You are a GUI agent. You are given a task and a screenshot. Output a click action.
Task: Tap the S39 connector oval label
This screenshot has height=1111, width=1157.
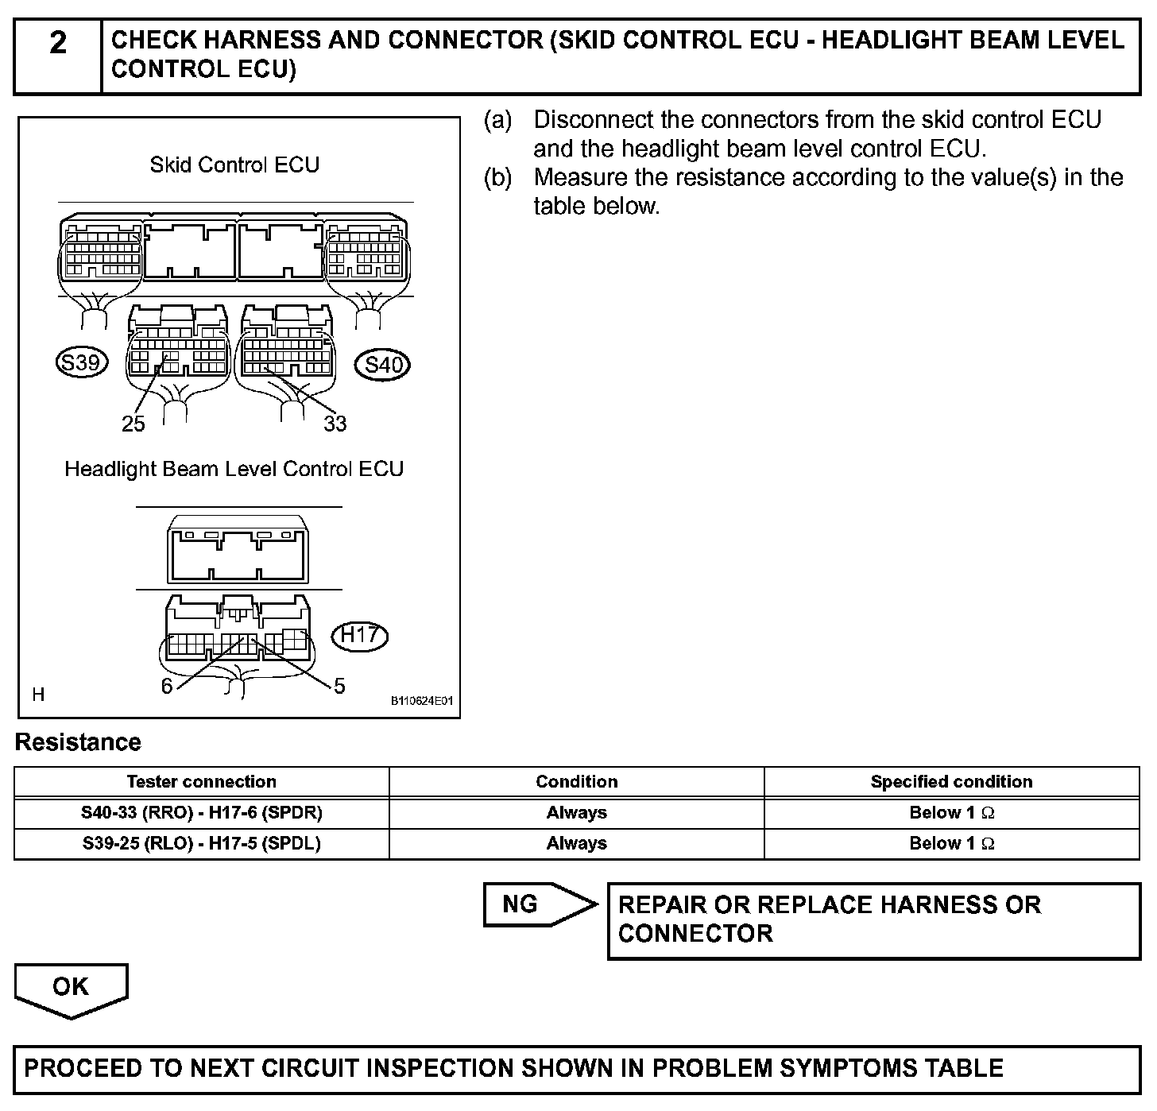click(81, 363)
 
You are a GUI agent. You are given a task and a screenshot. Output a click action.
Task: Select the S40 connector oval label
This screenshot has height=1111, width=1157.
click(384, 365)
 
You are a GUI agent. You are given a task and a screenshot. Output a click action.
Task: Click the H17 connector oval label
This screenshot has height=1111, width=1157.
click(359, 635)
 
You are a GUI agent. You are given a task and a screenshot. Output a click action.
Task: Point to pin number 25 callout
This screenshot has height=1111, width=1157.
click(133, 424)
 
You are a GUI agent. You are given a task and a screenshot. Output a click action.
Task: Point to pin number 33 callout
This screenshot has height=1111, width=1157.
click(335, 424)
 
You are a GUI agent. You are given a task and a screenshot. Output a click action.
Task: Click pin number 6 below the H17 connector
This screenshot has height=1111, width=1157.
click(167, 686)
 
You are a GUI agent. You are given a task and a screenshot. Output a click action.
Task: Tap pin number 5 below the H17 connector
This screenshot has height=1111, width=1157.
click(339, 686)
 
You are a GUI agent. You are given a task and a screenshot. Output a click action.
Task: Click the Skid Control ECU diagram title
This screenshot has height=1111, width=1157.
click(234, 165)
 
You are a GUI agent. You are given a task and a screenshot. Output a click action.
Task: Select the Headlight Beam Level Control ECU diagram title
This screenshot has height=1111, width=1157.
click(234, 469)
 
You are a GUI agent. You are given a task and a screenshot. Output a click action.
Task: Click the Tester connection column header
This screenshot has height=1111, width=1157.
click(202, 781)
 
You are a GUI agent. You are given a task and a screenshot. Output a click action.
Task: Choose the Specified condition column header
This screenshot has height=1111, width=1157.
click(951, 781)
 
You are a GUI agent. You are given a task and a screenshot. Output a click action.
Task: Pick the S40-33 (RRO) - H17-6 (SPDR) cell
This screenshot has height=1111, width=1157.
click(202, 812)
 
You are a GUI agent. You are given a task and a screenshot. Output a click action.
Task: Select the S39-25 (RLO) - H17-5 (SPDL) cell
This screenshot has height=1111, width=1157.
click(202, 843)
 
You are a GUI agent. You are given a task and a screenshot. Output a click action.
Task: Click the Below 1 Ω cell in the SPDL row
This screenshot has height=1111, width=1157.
click(951, 843)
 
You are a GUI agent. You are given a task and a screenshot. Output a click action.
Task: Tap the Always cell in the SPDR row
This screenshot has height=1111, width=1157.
click(576, 812)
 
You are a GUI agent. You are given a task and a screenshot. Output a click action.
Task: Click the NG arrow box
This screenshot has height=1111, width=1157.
click(532, 904)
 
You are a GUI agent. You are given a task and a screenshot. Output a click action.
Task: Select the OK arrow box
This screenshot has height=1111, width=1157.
click(71, 988)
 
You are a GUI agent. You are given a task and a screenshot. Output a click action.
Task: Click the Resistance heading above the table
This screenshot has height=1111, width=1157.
click(78, 742)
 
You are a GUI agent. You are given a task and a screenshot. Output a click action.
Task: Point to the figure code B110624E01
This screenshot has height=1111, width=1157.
click(421, 701)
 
